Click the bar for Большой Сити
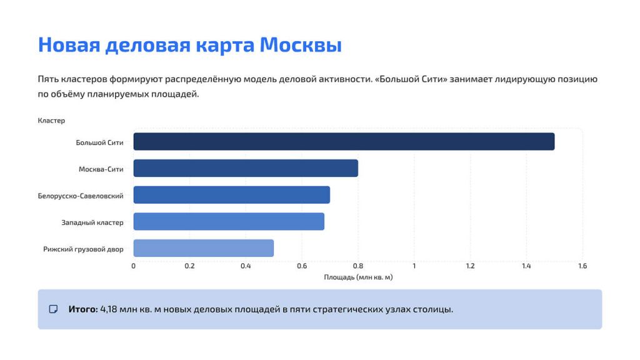point(344,142)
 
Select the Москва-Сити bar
point(246,168)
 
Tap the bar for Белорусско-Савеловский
point(231,195)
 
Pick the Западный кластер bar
point(229,221)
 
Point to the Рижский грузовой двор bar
point(203,248)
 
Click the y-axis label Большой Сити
point(99,142)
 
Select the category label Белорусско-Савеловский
point(81,196)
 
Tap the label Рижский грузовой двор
point(83,249)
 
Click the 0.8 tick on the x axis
point(358,266)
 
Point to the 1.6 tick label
point(582,266)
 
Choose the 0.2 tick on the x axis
point(189,266)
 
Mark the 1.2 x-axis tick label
point(470,266)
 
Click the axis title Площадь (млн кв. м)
point(358,277)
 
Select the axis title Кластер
point(51,120)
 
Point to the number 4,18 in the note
point(109,309)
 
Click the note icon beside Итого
point(54,309)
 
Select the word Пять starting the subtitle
point(47,79)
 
